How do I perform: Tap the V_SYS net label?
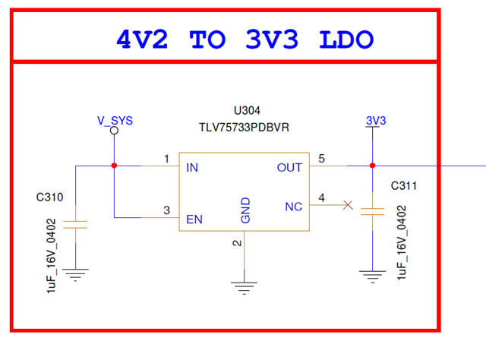click(115, 120)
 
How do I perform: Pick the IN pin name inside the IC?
click(192, 167)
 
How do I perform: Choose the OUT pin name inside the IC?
click(289, 167)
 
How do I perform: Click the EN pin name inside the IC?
click(194, 219)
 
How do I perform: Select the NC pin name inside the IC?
click(293, 206)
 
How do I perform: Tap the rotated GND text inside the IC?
click(245, 210)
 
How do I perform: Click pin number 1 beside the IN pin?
click(166, 159)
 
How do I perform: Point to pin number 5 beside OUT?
click(321, 159)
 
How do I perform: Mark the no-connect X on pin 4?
click(348, 205)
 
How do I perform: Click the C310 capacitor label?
click(49, 197)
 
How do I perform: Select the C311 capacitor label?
click(403, 185)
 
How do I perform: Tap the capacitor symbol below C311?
click(372, 213)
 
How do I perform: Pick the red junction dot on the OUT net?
click(372, 166)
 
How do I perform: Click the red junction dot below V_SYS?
click(114, 166)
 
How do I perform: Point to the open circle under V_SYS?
click(114, 131)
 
